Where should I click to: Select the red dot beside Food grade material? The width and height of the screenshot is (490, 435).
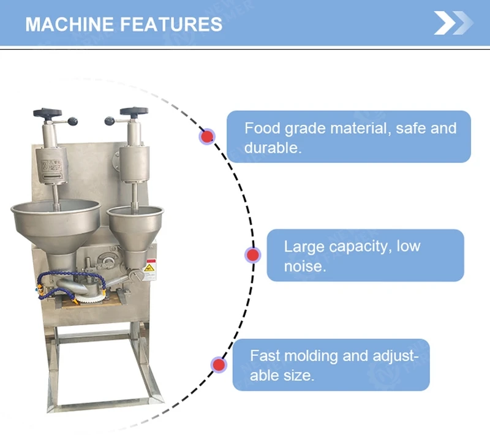(208, 136)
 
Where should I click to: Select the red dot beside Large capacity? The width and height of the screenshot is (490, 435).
(252, 255)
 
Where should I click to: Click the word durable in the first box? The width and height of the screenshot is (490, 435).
(273, 148)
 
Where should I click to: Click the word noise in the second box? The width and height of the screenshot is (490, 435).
(304, 267)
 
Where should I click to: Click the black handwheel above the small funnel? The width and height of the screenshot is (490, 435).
(134, 112)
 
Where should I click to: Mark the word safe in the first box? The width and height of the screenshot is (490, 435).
(413, 129)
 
